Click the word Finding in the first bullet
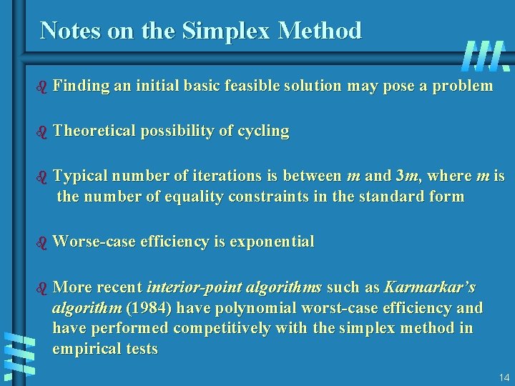click(80, 86)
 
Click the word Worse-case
click(90, 242)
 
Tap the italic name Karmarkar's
click(430, 287)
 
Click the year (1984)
click(148, 308)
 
